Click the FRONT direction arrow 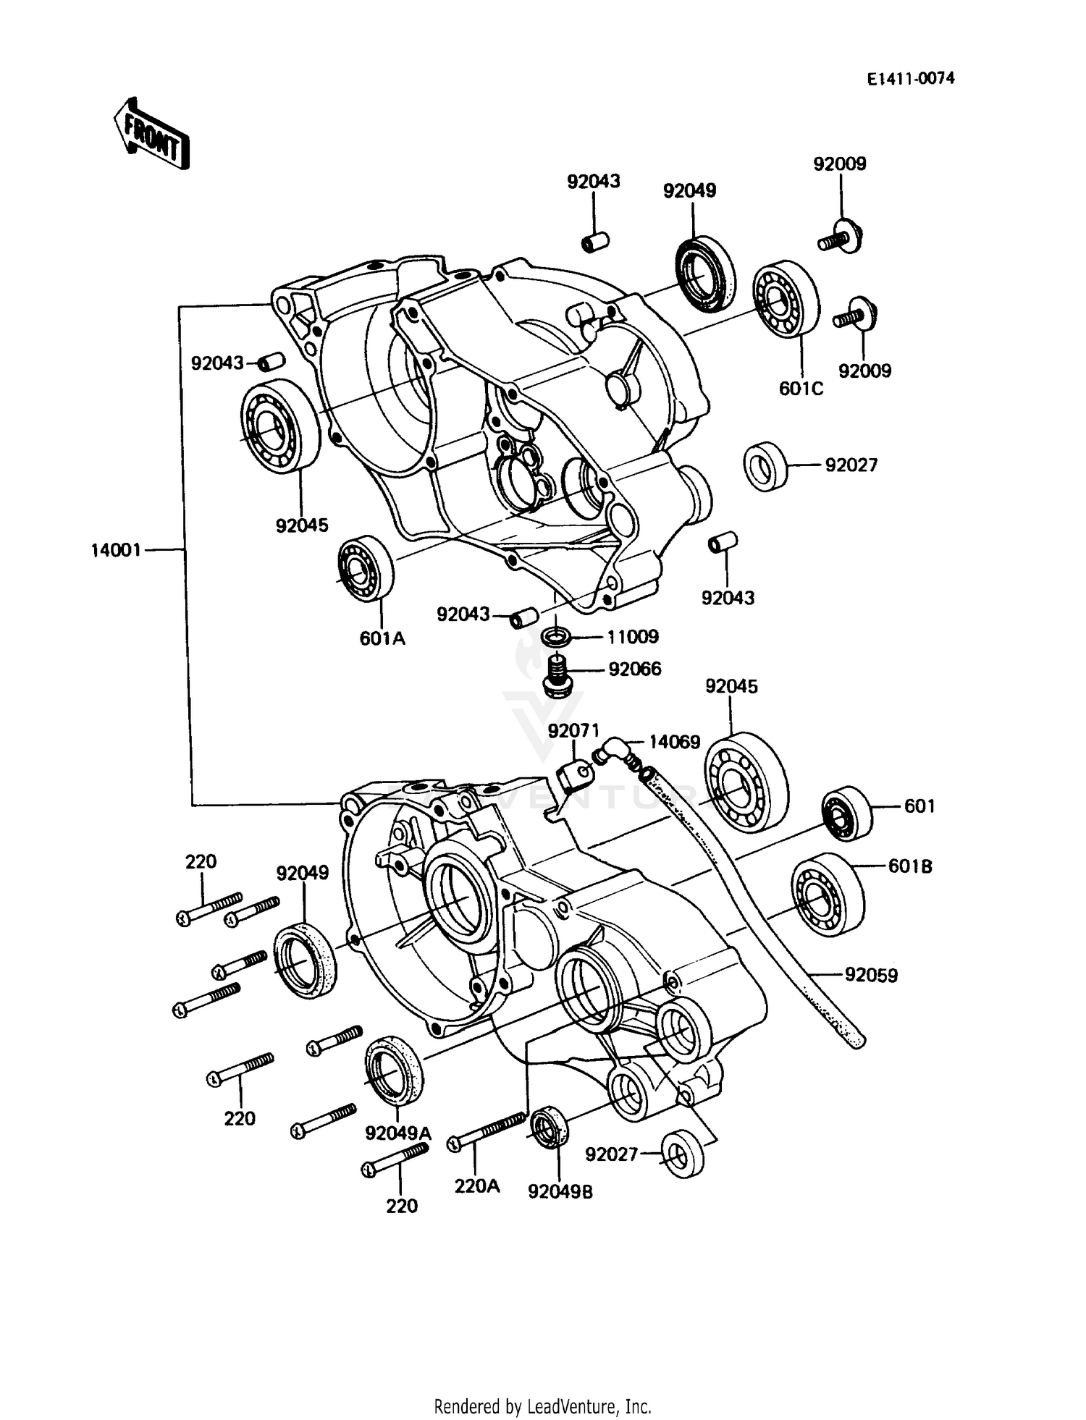tap(151, 134)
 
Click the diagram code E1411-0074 tap(911, 78)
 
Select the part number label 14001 tap(116, 551)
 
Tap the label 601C tap(801, 389)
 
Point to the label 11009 tap(633, 637)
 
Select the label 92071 tap(573, 731)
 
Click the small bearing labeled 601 tap(846, 813)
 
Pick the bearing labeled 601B tap(827, 895)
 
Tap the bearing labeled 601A tap(365, 569)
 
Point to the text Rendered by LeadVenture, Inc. tap(542, 1406)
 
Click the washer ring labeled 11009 tap(555, 638)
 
